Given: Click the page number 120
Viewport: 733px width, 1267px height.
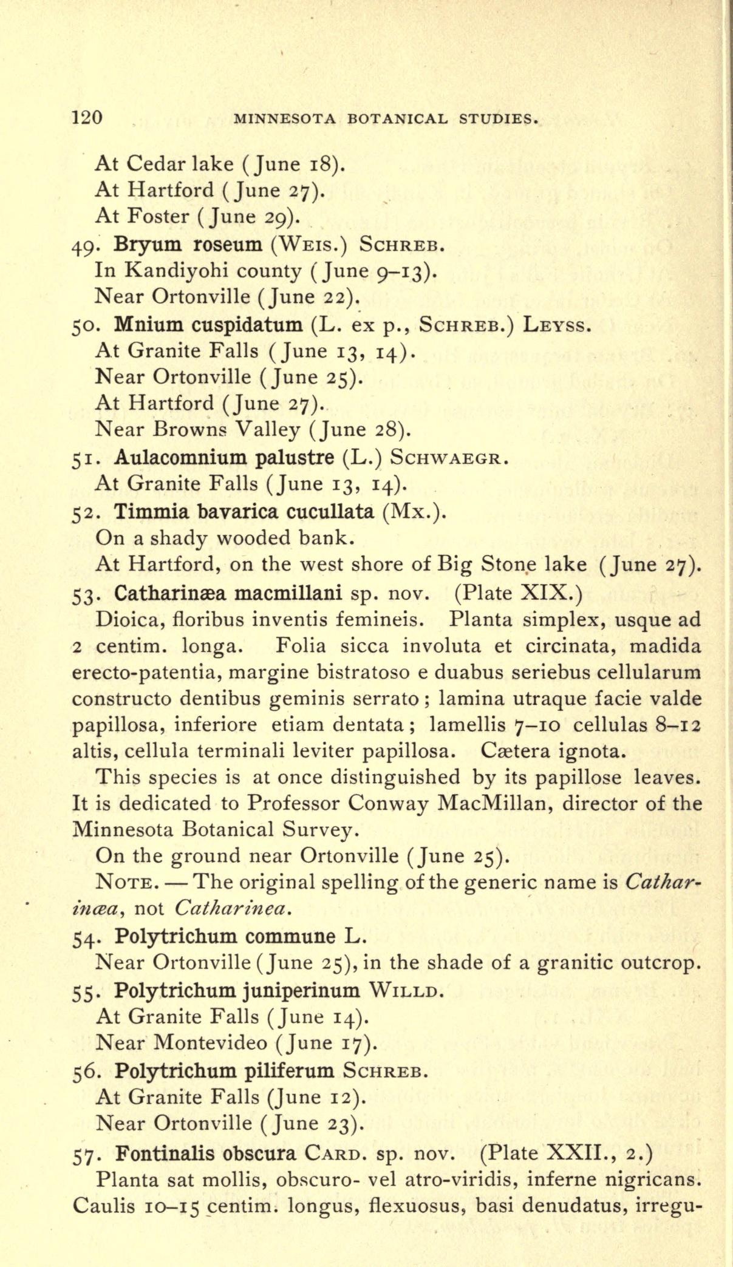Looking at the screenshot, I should tap(86, 117).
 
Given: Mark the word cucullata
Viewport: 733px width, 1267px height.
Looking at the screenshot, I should tap(330, 511).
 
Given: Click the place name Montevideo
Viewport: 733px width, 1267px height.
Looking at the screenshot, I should tap(210, 1042).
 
